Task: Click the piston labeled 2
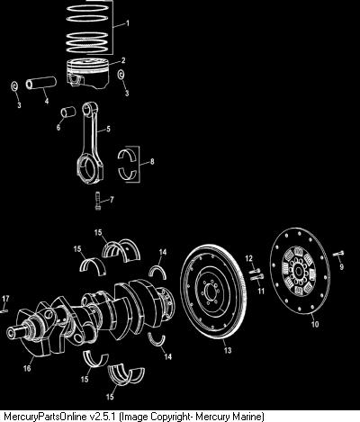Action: pyautogui.click(x=87, y=74)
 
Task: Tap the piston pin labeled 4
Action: pyautogui.click(x=41, y=83)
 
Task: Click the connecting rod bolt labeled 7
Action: pyautogui.click(x=97, y=201)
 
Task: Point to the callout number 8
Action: pyautogui.click(x=152, y=162)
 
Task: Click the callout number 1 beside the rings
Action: pyautogui.click(x=128, y=23)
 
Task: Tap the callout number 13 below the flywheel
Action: pyautogui.click(x=228, y=350)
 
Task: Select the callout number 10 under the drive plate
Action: pyautogui.click(x=315, y=324)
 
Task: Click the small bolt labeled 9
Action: pyautogui.click(x=338, y=254)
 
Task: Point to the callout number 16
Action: pyautogui.click(x=27, y=368)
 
